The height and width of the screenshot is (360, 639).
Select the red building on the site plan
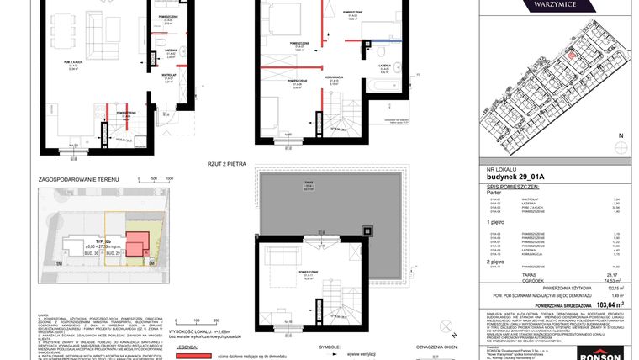[x=137, y=243]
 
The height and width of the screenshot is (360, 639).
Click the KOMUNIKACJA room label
[x=333, y=77]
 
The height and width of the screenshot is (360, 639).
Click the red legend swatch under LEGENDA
[x=192, y=356]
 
